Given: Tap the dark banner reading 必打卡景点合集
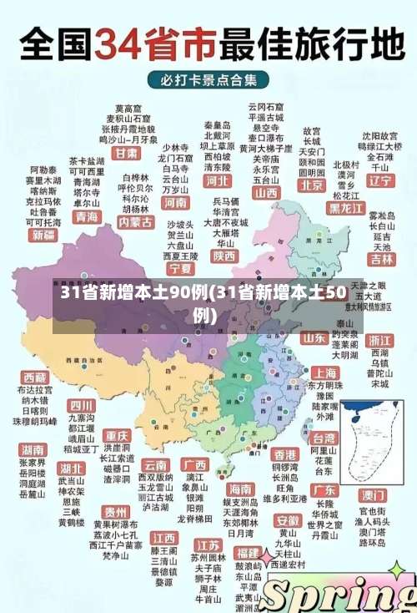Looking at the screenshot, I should (x=208, y=80).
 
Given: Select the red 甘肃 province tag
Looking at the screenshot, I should (x=126, y=155).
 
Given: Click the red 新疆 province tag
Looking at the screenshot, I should (x=43, y=236).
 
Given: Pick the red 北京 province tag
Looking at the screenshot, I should (x=312, y=185).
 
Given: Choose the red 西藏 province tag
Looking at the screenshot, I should (x=34, y=377).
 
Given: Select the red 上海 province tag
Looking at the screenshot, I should (x=324, y=373).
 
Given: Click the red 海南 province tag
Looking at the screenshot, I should (x=240, y=489).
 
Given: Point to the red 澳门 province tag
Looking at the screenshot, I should (x=373, y=494).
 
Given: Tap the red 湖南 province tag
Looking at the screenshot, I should (x=32, y=449).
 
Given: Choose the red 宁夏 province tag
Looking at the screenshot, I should (x=180, y=269).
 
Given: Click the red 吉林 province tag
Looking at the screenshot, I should (x=382, y=260).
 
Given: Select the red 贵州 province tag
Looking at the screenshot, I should (x=115, y=511).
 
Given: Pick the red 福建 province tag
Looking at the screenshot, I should (x=247, y=552).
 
